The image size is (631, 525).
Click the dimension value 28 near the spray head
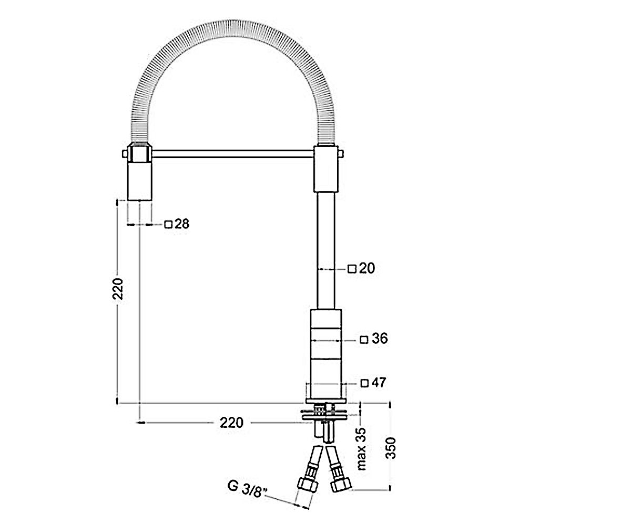[182, 224]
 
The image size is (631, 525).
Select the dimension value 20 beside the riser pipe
[367, 268]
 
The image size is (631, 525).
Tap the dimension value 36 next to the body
[380, 339]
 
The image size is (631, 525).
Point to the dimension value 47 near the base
[379, 383]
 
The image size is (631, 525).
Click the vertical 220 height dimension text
[118, 289]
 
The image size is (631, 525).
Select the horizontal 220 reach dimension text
[231, 423]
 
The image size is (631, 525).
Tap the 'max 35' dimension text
[361, 449]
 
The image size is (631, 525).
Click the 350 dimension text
[391, 448]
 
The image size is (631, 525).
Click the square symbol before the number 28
[168, 225]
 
